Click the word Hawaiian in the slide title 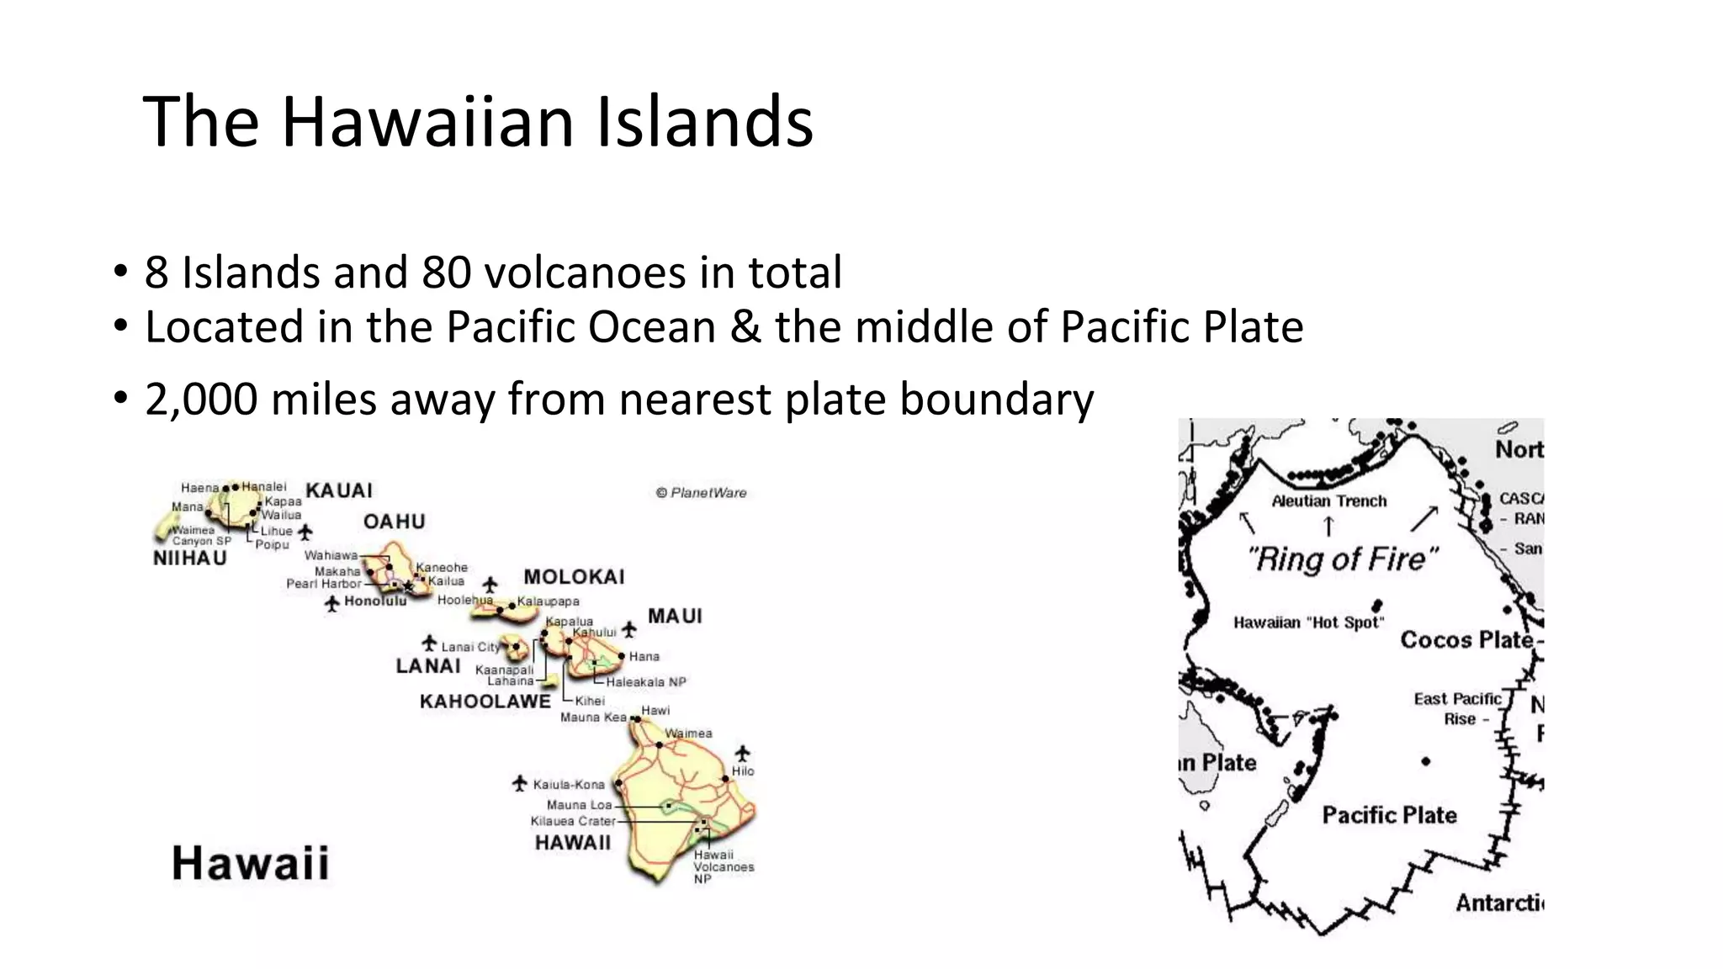(427, 122)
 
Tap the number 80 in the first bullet (446, 273)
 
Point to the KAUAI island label (339, 490)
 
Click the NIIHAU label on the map (190, 559)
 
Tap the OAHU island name (394, 522)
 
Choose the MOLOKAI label (574, 577)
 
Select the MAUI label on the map (675, 617)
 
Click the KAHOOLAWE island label (485, 702)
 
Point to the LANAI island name (428, 666)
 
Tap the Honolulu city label (375, 601)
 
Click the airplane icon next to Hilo (742, 753)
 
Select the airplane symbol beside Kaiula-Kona (520, 784)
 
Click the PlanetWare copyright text (701, 493)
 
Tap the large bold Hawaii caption (250, 864)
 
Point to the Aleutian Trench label (1328, 501)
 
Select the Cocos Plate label (1466, 640)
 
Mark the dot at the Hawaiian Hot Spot (1377, 605)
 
